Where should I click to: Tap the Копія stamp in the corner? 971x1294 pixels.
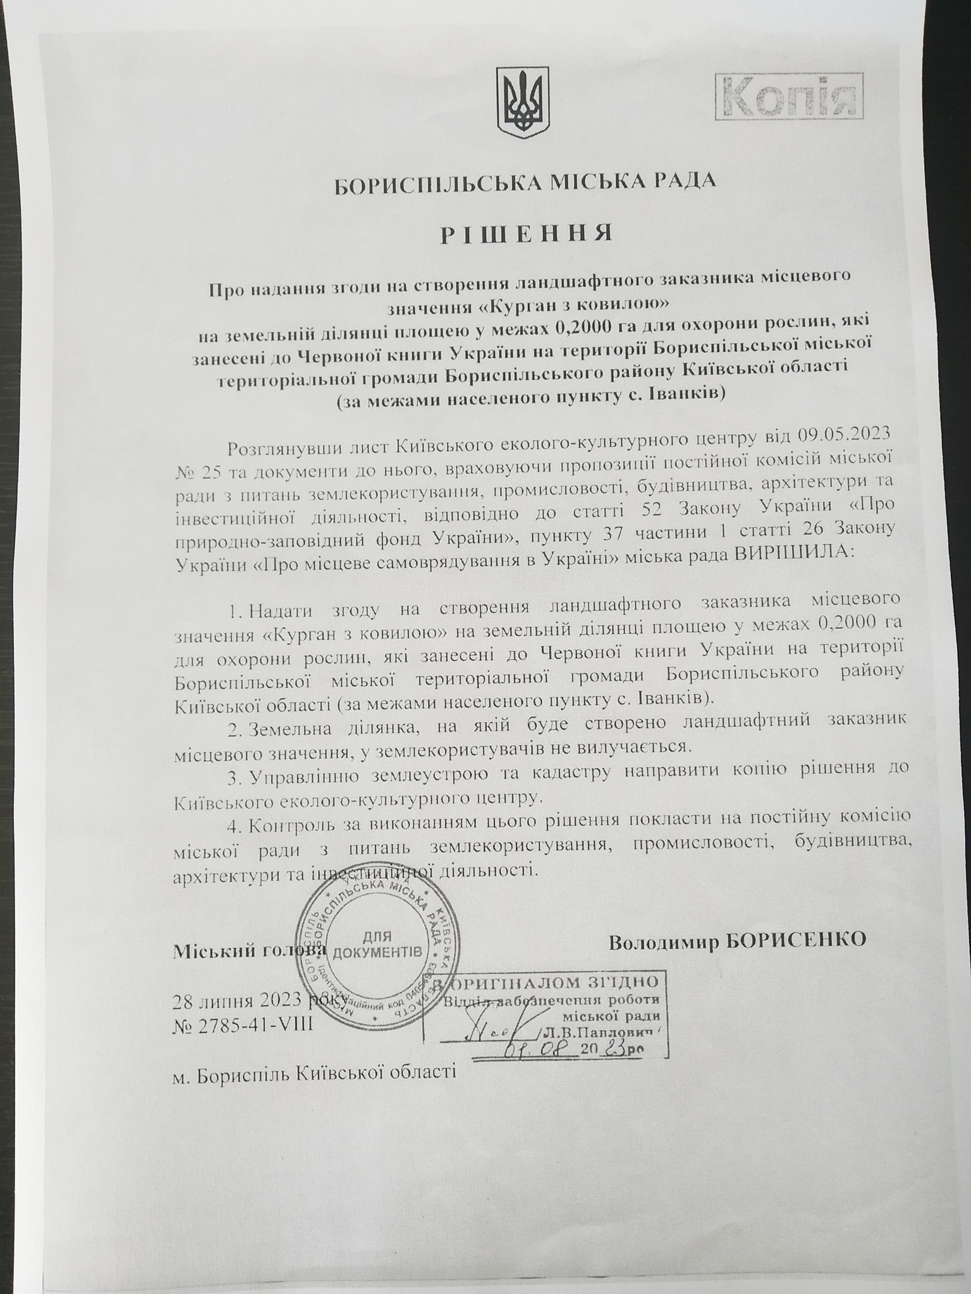(788, 96)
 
